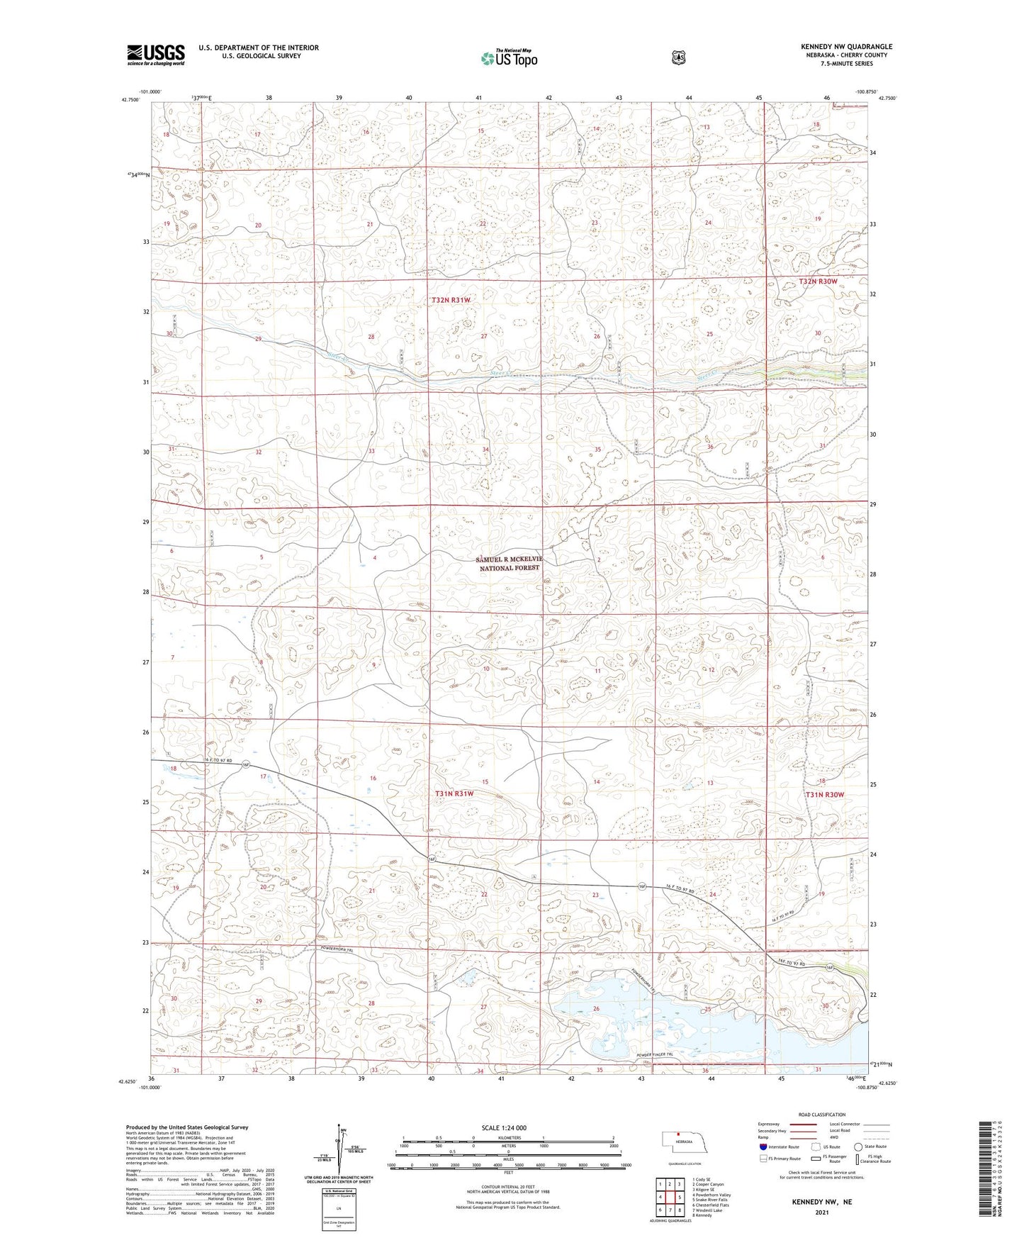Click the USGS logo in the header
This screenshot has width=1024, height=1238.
coord(156,55)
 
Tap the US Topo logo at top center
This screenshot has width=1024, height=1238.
coord(509,58)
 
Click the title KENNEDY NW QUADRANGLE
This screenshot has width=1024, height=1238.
coord(846,47)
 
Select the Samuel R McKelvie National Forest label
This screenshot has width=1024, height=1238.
coord(509,564)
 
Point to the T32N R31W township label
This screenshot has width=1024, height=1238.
coord(451,300)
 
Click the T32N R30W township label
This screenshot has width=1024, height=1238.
coord(818,281)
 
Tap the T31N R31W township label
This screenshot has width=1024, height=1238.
coord(454,793)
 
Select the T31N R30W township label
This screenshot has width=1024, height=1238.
coord(825,795)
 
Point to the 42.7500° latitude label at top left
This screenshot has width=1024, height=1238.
coord(130,100)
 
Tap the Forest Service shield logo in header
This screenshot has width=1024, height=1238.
coord(678,57)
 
